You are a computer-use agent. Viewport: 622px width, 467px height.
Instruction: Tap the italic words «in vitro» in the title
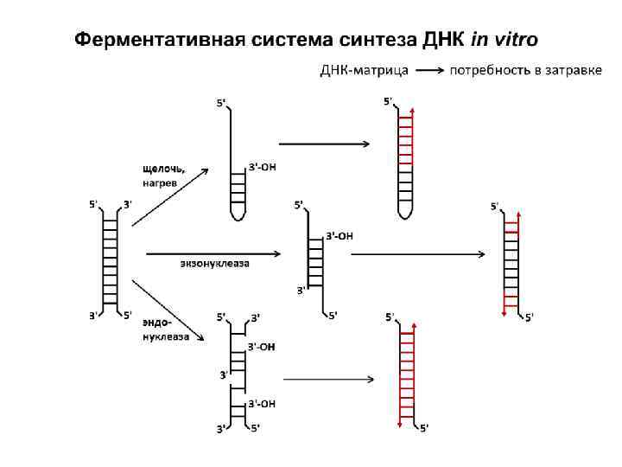click(x=504, y=41)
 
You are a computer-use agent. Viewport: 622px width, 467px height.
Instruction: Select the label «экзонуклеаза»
click(x=215, y=263)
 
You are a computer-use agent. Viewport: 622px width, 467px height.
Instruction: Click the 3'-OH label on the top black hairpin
click(x=262, y=167)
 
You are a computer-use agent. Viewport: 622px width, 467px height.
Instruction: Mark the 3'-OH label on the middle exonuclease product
click(x=340, y=235)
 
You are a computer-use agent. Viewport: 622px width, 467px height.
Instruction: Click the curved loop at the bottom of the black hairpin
click(x=238, y=212)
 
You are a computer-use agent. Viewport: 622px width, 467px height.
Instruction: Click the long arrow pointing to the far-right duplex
click(x=419, y=254)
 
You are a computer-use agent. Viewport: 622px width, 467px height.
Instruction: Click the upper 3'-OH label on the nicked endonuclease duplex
click(x=262, y=346)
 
